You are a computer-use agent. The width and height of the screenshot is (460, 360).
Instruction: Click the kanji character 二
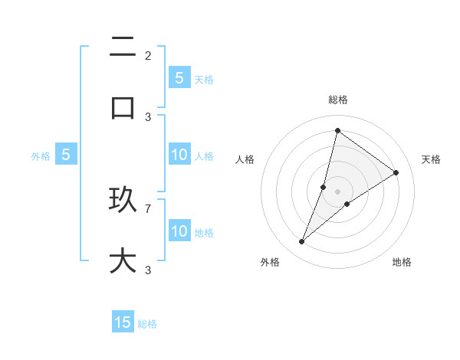(x=123, y=47)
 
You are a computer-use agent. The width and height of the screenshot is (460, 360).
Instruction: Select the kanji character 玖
(x=123, y=201)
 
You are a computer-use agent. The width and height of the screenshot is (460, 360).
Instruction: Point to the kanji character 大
(x=123, y=260)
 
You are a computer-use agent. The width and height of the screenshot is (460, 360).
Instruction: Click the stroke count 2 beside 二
(x=148, y=55)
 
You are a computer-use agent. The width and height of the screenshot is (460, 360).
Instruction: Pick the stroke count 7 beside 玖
(x=148, y=208)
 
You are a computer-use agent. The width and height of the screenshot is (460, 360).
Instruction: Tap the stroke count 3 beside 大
(x=148, y=270)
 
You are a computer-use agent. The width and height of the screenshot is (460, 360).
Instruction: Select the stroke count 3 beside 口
(x=148, y=116)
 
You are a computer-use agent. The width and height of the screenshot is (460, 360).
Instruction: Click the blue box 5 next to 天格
(x=179, y=78)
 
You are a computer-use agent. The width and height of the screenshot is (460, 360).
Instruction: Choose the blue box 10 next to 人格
(x=179, y=155)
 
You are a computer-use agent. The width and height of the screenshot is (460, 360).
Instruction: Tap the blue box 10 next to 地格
(x=179, y=231)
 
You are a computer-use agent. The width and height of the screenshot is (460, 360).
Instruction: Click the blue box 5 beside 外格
(x=66, y=155)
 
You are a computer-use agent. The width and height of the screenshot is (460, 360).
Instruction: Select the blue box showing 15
(x=123, y=322)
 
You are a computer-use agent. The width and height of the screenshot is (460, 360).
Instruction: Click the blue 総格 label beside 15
(x=147, y=324)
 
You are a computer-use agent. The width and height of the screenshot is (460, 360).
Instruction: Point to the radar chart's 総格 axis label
(x=337, y=100)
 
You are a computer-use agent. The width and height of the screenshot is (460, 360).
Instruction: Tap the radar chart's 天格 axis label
(x=431, y=159)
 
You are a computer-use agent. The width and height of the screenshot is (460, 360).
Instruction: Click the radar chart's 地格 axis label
(x=402, y=262)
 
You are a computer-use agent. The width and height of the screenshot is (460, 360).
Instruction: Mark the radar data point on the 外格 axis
(x=302, y=242)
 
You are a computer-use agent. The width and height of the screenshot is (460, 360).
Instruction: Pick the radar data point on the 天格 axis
(x=396, y=172)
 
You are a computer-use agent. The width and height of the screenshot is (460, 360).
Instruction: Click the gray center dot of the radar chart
(x=337, y=191)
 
